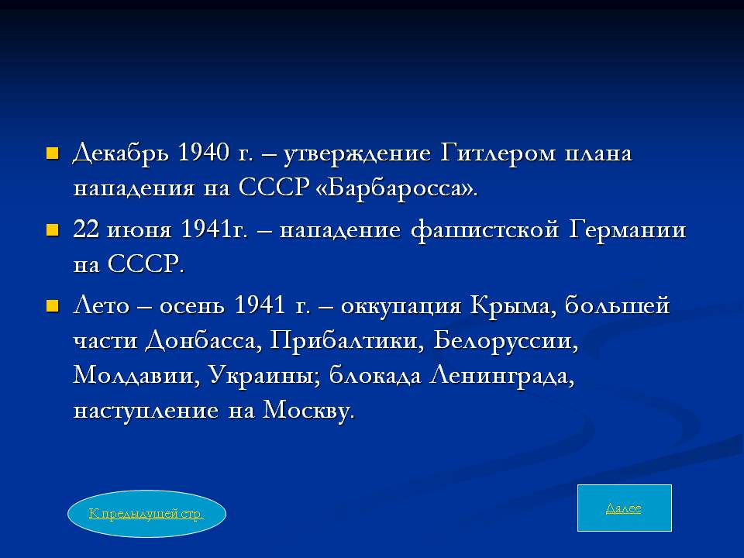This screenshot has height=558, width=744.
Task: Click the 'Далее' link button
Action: point(624,508)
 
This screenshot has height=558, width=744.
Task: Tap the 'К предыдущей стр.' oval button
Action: point(146,513)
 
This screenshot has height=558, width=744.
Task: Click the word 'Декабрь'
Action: point(121,153)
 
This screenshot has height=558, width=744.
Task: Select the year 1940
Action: point(203,153)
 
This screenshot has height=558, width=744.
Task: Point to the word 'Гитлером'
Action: point(498,153)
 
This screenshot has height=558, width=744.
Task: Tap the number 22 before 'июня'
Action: point(86,229)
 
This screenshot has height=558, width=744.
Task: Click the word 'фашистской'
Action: point(485,229)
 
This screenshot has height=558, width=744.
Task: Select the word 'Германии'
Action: point(628,229)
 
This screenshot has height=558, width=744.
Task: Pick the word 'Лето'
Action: point(101,305)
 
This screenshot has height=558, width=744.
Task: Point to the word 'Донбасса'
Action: point(201,341)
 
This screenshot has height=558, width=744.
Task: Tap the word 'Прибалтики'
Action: point(343,340)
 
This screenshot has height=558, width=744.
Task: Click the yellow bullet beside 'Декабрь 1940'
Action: point(52,153)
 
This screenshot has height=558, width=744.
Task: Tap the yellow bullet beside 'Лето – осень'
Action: point(52,306)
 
